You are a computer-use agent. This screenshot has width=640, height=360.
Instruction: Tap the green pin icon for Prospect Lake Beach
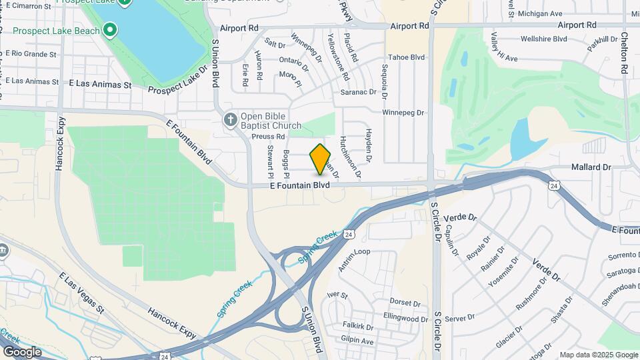(x=110, y=31)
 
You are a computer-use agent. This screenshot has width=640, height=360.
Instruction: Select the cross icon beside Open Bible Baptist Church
(x=230, y=119)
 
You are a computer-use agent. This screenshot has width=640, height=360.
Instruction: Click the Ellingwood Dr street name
(x=405, y=319)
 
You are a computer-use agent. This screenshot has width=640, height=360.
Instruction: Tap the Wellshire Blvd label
(x=543, y=39)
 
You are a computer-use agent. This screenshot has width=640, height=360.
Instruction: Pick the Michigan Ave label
(x=540, y=13)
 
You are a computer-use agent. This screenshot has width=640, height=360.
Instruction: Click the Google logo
(x=22, y=352)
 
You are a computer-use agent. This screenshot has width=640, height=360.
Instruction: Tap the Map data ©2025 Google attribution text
(x=598, y=355)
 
